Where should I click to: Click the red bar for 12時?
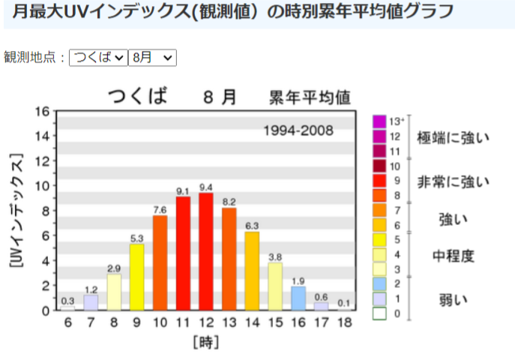click(x=206, y=251)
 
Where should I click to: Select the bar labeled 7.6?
click(x=160, y=262)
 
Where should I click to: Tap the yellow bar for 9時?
click(x=136, y=277)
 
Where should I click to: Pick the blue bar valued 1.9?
click(x=298, y=298)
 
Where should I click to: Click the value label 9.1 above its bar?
click(x=183, y=191)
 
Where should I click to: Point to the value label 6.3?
click(x=252, y=226)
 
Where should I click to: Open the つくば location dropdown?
click(x=98, y=57)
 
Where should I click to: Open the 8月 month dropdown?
click(x=152, y=57)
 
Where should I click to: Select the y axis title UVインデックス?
click(x=16, y=211)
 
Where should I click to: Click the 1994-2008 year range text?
click(x=298, y=131)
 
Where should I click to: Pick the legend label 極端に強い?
click(x=453, y=138)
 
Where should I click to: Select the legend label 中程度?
click(x=453, y=256)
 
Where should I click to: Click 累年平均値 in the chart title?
click(x=310, y=97)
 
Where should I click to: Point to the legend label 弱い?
click(x=453, y=300)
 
